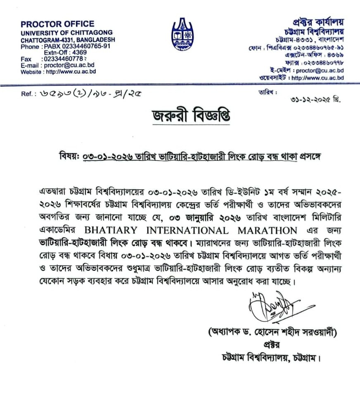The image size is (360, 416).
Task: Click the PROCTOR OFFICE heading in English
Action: click(x=57, y=24)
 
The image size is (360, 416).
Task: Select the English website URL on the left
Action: click(x=71, y=71)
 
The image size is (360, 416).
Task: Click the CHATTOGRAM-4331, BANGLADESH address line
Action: click(x=68, y=40)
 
